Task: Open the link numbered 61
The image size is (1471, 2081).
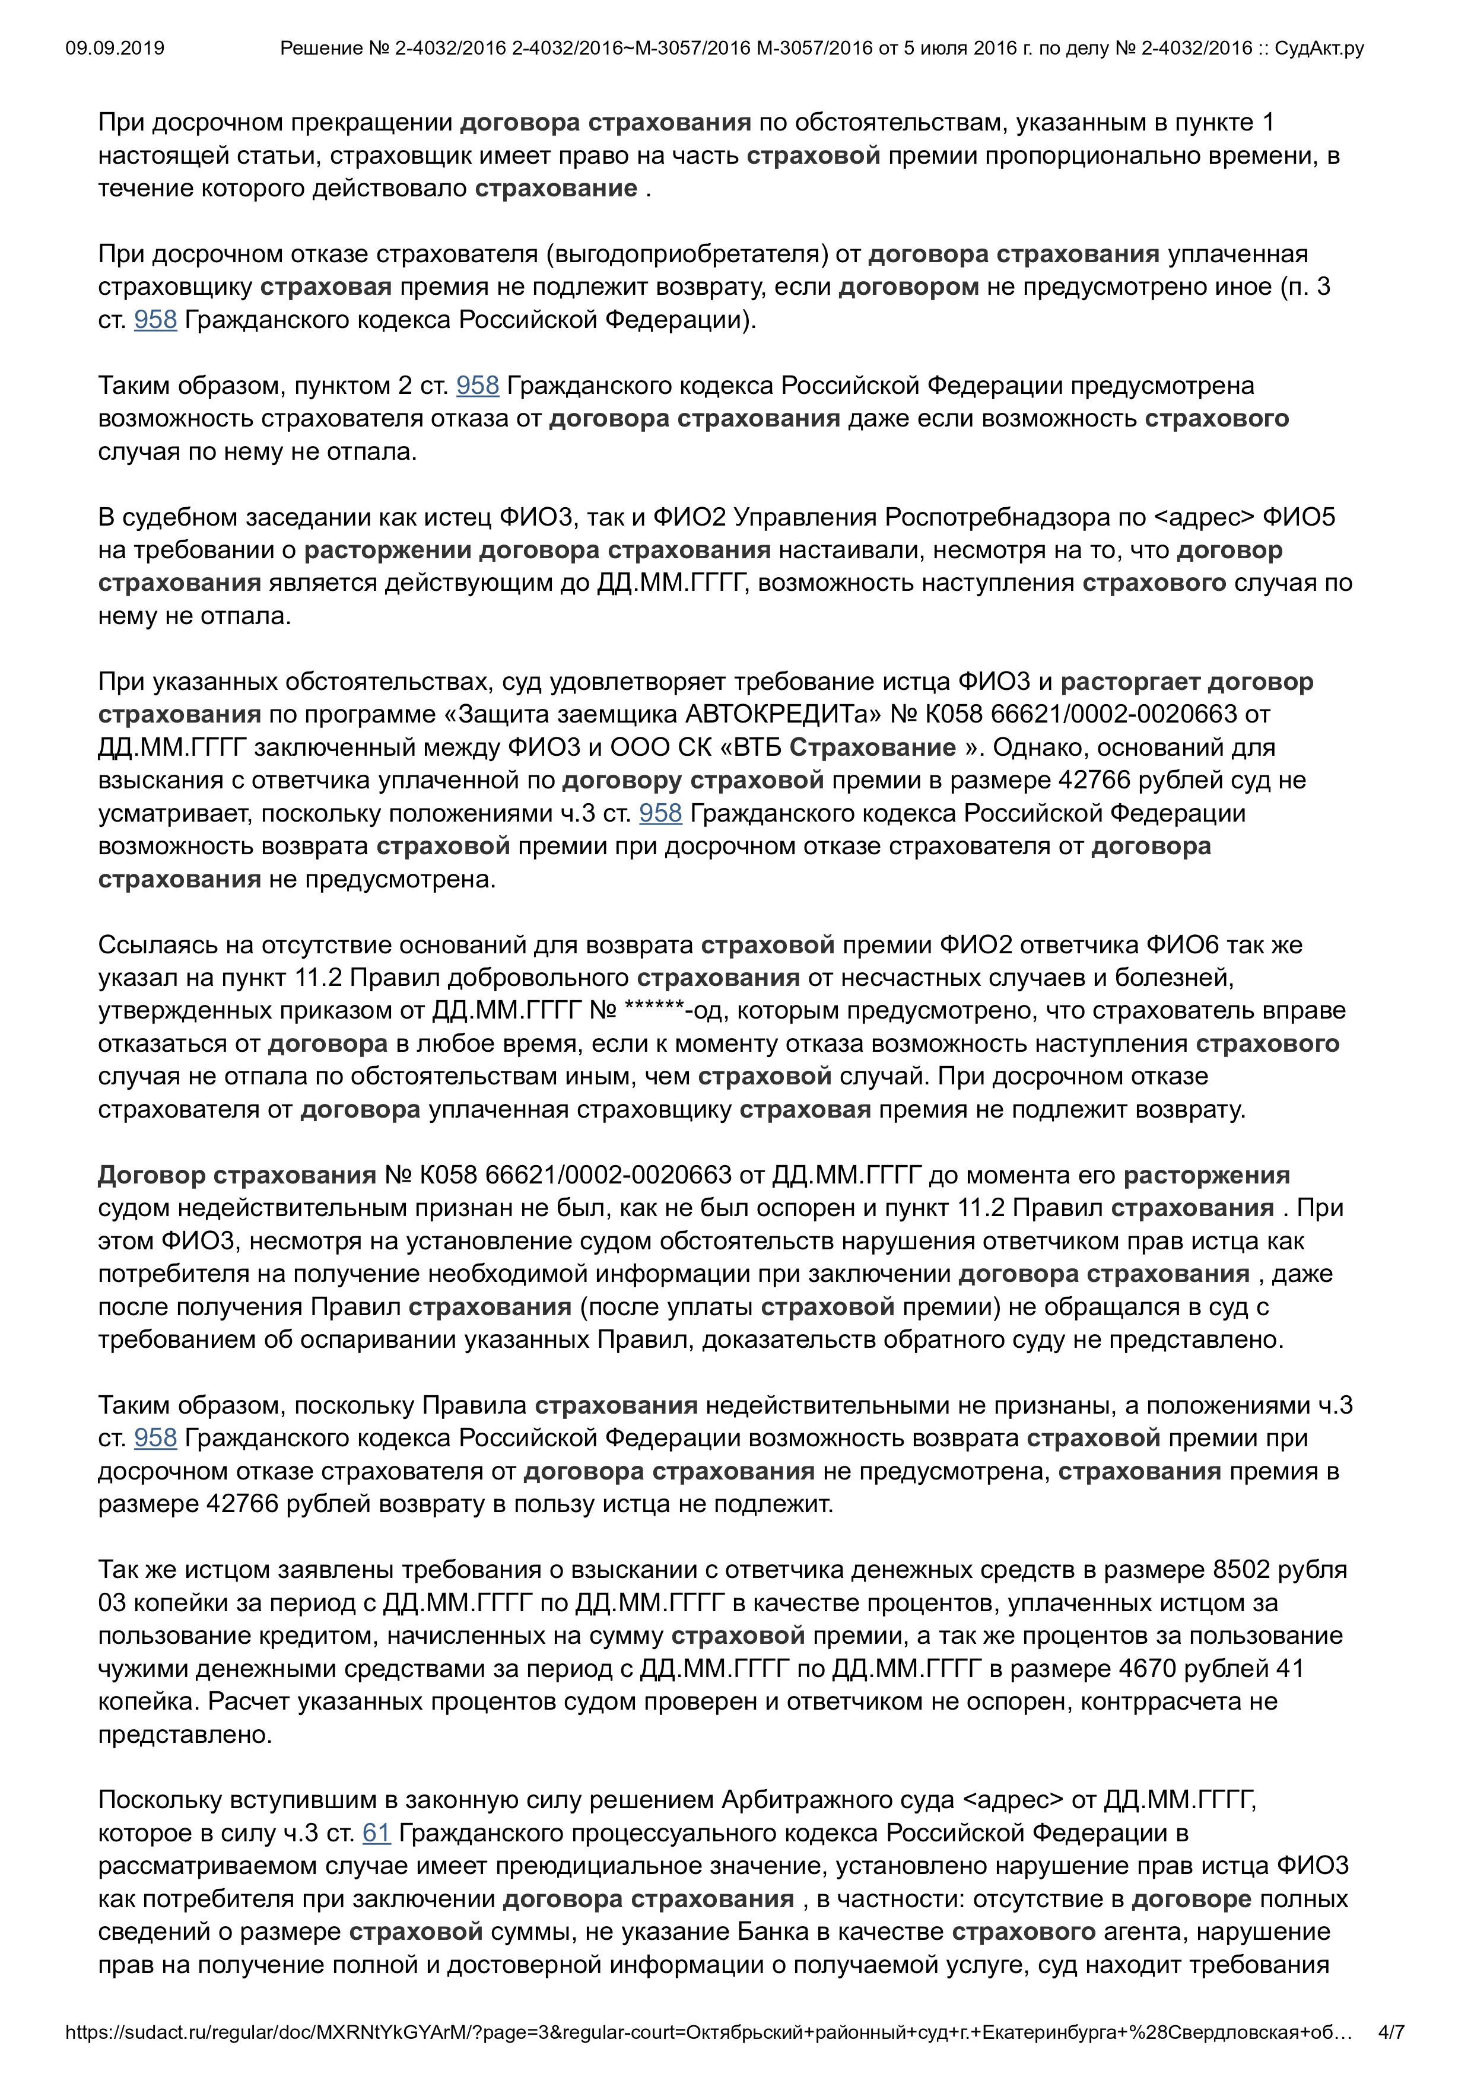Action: coord(376,1832)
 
